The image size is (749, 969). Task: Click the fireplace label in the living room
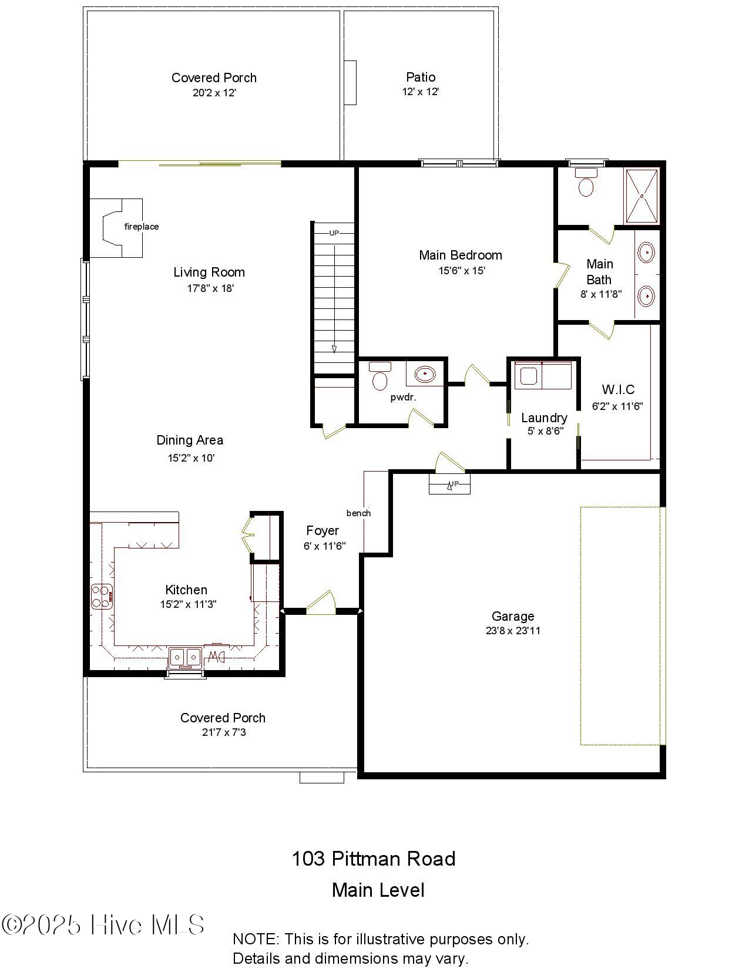click(141, 227)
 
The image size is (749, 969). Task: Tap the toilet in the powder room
click(380, 377)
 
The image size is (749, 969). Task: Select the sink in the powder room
click(425, 374)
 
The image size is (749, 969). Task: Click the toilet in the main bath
click(586, 183)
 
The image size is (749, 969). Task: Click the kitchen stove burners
click(101, 596)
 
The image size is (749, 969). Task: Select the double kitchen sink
click(185, 657)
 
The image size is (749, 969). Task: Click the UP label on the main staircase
click(334, 233)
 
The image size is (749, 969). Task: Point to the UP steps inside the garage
click(450, 484)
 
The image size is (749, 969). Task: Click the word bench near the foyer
click(358, 513)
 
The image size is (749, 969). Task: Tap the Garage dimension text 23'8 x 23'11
click(513, 631)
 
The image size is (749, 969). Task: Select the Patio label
click(421, 77)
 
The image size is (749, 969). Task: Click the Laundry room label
click(544, 418)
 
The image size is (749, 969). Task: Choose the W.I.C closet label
click(618, 389)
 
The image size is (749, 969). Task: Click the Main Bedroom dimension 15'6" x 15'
click(461, 271)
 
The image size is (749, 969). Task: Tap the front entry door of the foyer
click(320, 605)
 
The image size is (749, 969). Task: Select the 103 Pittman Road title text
click(374, 859)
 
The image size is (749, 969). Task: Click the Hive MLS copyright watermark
click(103, 925)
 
